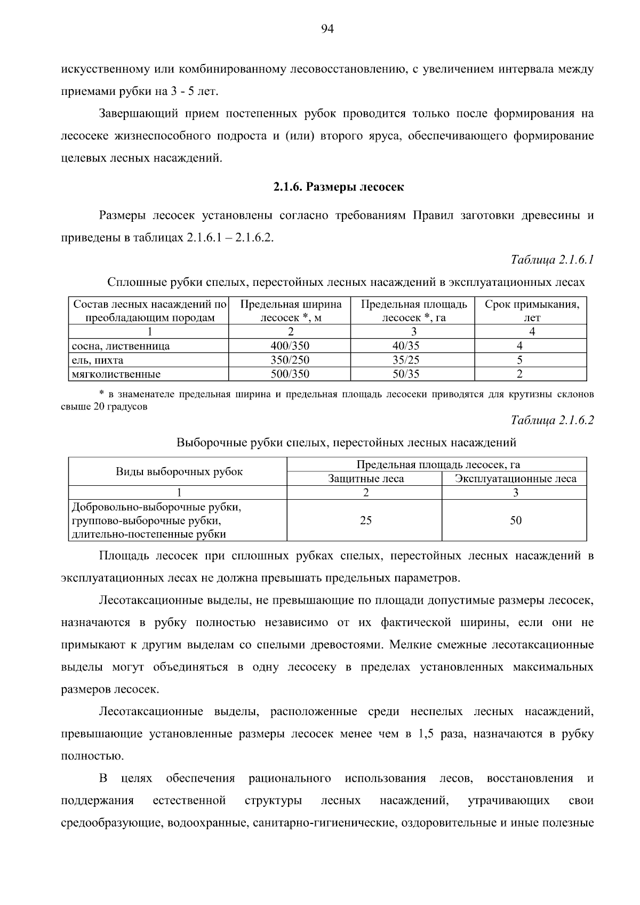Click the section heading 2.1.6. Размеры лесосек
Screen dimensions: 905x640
pyautogui.click(x=339, y=187)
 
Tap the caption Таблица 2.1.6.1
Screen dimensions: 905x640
pyautogui.click(x=552, y=260)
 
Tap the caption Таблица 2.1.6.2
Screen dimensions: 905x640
pyautogui.click(x=552, y=420)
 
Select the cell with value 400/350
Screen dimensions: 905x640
pyautogui.click(x=290, y=346)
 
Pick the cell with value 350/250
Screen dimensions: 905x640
pyautogui.click(x=290, y=360)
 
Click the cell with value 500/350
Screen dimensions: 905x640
pyautogui.click(x=290, y=374)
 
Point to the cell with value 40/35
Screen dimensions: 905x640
pyautogui.click(x=406, y=346)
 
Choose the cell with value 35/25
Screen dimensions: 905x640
pyautogui.click(x=406, y=360)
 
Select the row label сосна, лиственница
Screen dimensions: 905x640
pyautogui.click(x=121, y=346)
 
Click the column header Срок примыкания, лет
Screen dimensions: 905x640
pyautogui.click(x=532, y=311)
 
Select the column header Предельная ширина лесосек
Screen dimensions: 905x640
pyautogui.click(x=290, y=311)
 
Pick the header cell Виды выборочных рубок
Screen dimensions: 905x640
pyautogui.click(x=179, y=471)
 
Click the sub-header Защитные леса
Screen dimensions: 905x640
pyautogui.click(x=366, y=479)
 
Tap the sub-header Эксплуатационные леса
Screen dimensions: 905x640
pyautogui.click(x=515, y=479)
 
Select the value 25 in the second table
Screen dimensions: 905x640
pyautogui.click(x=365, y=520)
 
